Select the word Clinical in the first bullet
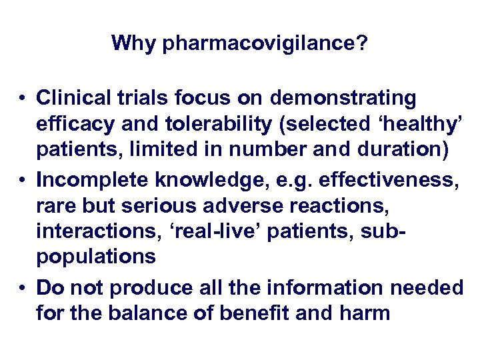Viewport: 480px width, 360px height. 74,99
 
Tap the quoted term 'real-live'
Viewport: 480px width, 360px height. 213,231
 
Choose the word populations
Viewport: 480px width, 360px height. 97,255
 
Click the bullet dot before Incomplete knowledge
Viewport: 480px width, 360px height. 23,180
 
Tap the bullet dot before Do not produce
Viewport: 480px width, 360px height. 23,287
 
